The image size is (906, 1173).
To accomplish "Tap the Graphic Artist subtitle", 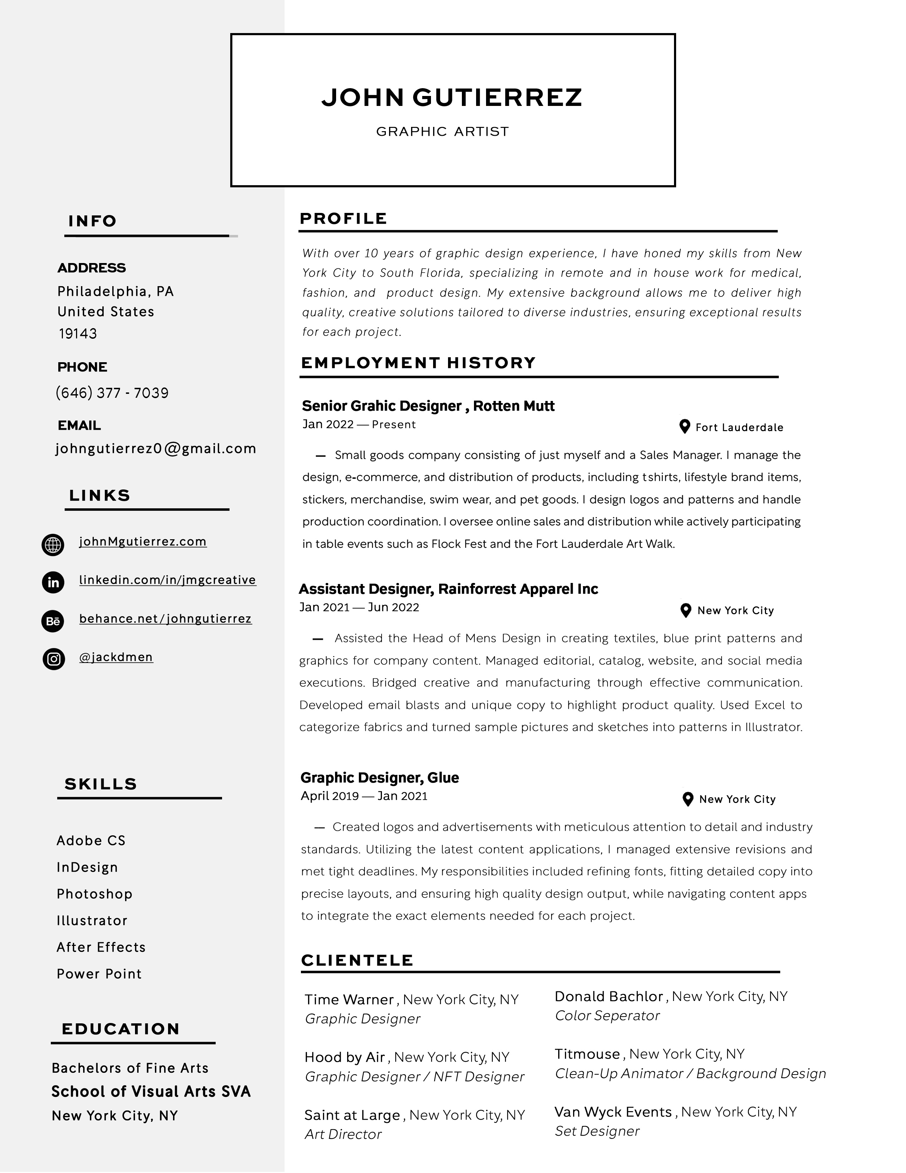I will point(442,132).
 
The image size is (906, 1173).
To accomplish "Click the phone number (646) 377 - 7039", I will point(112,393).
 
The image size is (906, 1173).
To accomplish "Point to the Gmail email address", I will point(156,449).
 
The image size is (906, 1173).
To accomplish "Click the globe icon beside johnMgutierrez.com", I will point(53,545).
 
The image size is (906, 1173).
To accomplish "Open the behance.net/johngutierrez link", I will point(165,619).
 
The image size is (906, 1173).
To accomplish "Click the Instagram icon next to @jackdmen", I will point(54,659).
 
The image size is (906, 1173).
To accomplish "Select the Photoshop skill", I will point(95,894).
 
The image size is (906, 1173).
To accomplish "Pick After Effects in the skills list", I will point(101,947).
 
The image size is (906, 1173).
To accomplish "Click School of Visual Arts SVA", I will point(151,1091).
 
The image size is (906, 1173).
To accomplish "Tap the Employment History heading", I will point(418,363).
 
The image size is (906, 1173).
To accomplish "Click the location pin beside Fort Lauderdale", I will point(684,427).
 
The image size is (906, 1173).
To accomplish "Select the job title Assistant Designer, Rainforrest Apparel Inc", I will point(448,589).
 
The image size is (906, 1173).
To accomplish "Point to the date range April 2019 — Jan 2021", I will point(364,796).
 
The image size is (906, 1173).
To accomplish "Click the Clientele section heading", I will point(357,960).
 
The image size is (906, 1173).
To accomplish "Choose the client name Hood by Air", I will point(345,1057).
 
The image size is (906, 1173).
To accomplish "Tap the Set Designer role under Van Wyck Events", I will point(597,1131).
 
